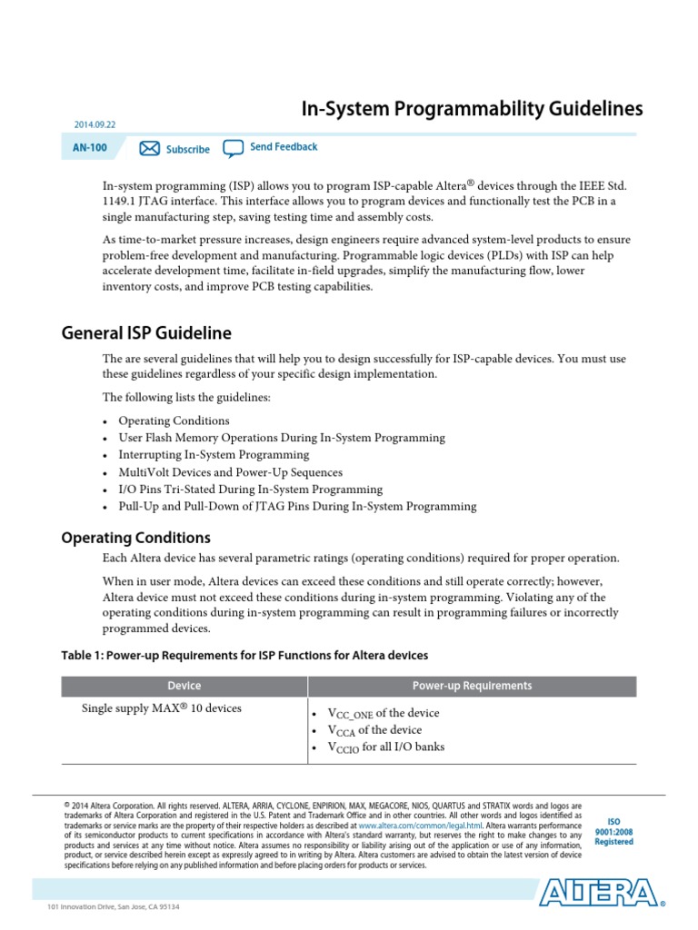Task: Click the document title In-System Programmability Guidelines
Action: [x=472, y=109]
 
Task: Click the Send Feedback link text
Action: [x=284, y=147]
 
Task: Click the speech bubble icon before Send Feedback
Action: [x=234, y=148]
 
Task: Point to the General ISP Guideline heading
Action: [x=146, y=332]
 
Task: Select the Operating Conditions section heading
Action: [x=135, y=538]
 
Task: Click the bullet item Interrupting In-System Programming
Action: [x=214, y=455]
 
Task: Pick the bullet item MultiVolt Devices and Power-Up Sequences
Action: [x=230, y=472]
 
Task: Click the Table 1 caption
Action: [x=244, y=655]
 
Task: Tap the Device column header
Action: [x=184, y=686]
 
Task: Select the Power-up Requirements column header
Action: [x=472, y=686]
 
